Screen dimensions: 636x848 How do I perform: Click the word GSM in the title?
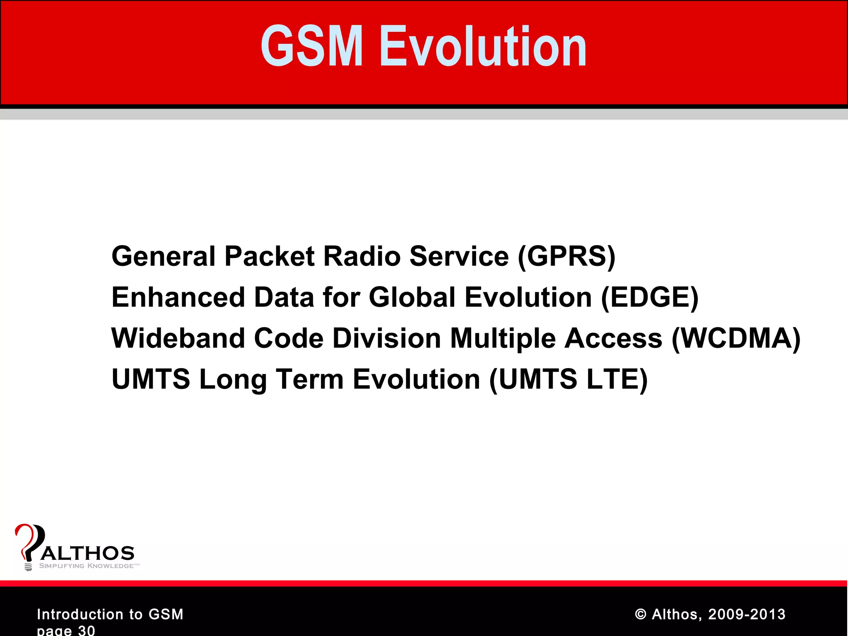click(311, 46)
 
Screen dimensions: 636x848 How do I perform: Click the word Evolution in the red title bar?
click(483, 46)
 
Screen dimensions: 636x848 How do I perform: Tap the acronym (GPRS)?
click(566, 256)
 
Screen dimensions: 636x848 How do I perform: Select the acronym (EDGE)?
click(649, 297)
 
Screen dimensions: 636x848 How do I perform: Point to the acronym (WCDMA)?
click(736, 338)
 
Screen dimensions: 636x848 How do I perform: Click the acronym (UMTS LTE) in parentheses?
click(568, 379)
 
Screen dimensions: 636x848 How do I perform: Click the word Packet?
click(269, 256)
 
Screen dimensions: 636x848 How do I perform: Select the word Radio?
click(361, 256)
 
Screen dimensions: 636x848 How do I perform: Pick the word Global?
click(412, 297)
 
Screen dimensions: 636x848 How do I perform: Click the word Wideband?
click(178, 338)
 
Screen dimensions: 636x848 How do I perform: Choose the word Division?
click(386, 338)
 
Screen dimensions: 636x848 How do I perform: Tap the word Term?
click(310, 379)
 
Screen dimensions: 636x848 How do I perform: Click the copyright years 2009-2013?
click(747, 614)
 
